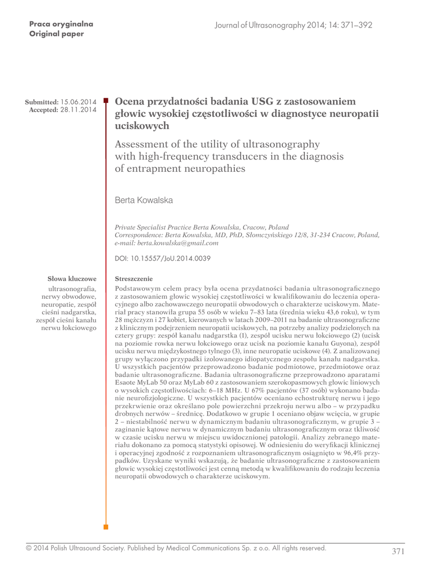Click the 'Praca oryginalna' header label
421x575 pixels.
[x=61, y=24]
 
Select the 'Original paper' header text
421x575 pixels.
[x=56, y=34]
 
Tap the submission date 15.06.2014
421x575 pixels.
[x=79, y=102]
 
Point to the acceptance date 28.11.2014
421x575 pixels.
[x=79, y=109]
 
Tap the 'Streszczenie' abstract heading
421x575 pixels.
[x=133, y=278]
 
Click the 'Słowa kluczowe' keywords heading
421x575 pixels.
[x=72, y=278]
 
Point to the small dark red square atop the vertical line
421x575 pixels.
[x=106, y=97]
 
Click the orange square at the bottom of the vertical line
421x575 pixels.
[x=106, y=527]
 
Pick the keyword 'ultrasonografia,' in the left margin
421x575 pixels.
[x=73, y=288]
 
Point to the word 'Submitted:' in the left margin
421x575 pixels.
[x=42, y=102]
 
